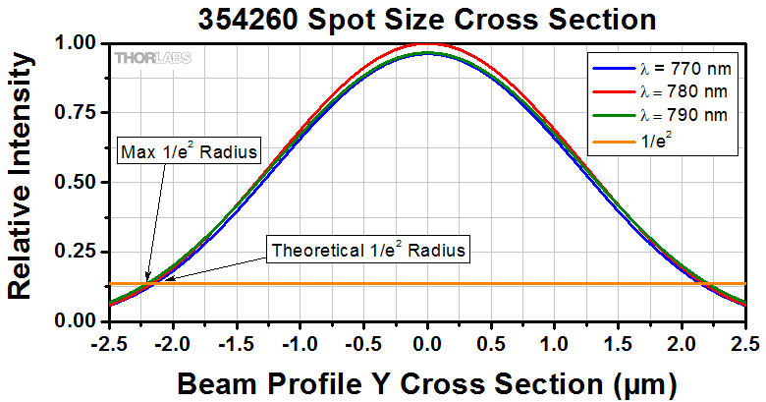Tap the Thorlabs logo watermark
point(153,58)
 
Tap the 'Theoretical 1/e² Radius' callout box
point(367,251)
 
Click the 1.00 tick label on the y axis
point(75,43)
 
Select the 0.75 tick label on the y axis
point(75,113)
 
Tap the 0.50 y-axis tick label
point(75,183)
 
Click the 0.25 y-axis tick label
point(75,252)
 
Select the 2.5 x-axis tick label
point(745,343)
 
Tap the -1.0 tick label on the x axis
point(299,343)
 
